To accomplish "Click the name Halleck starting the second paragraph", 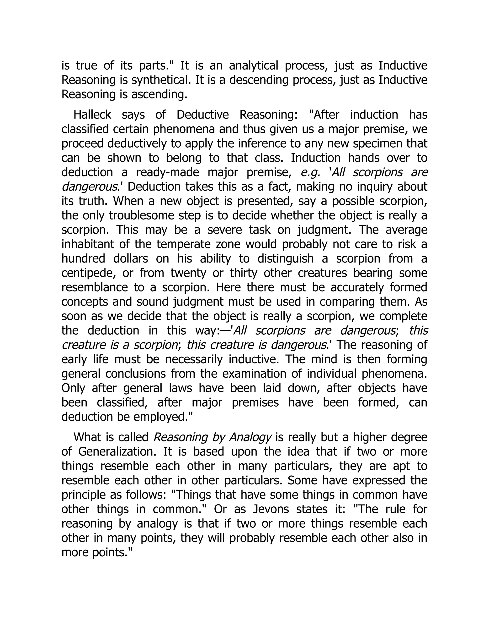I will tap(92, 115).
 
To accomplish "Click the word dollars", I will tap(130, 258).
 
